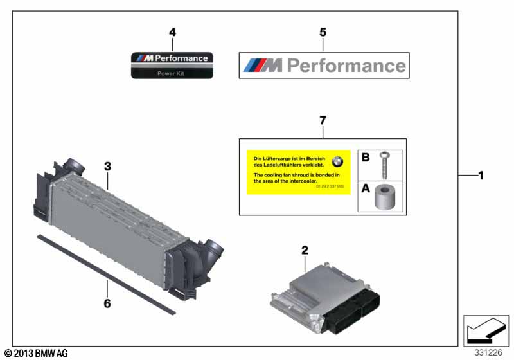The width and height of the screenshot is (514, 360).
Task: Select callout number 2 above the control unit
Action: click(305, 250)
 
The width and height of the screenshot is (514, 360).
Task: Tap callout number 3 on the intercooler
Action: click(108, 166)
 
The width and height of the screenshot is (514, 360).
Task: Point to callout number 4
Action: click(172, 32)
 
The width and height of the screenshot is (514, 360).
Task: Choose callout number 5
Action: click(323, 32)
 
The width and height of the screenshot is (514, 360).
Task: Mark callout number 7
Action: click(323, 120)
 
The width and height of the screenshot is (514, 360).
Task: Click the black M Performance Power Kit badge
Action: click(172, 65)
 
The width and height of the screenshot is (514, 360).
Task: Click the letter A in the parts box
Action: click(366, 189)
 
